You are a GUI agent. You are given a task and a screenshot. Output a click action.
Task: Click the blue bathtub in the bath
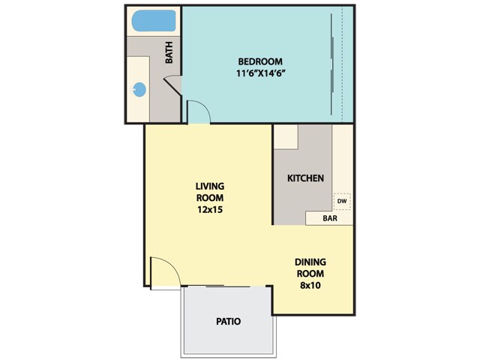[154, 22]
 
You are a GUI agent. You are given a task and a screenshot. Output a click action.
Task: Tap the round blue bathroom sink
[139, 89]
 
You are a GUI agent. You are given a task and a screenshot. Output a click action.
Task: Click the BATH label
[169, 52]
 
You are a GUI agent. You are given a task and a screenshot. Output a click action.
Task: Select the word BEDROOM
[259, 61]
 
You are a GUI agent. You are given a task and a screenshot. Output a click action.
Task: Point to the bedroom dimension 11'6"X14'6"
[259, 74]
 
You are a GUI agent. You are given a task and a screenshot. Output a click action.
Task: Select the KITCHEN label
[306, 178]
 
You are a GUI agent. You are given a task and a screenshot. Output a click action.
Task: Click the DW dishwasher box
[341, 201]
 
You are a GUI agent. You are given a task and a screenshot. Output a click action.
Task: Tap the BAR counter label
[329, 219]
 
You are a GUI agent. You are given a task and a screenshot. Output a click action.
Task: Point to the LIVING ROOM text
[210, 192]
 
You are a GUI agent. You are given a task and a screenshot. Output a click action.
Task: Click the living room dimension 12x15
[210, 210]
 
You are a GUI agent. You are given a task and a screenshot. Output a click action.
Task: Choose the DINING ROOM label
[310, 268]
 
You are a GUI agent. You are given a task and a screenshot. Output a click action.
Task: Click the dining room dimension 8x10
[310, 286]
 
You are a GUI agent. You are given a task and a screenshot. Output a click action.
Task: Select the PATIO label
[228, 321]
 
